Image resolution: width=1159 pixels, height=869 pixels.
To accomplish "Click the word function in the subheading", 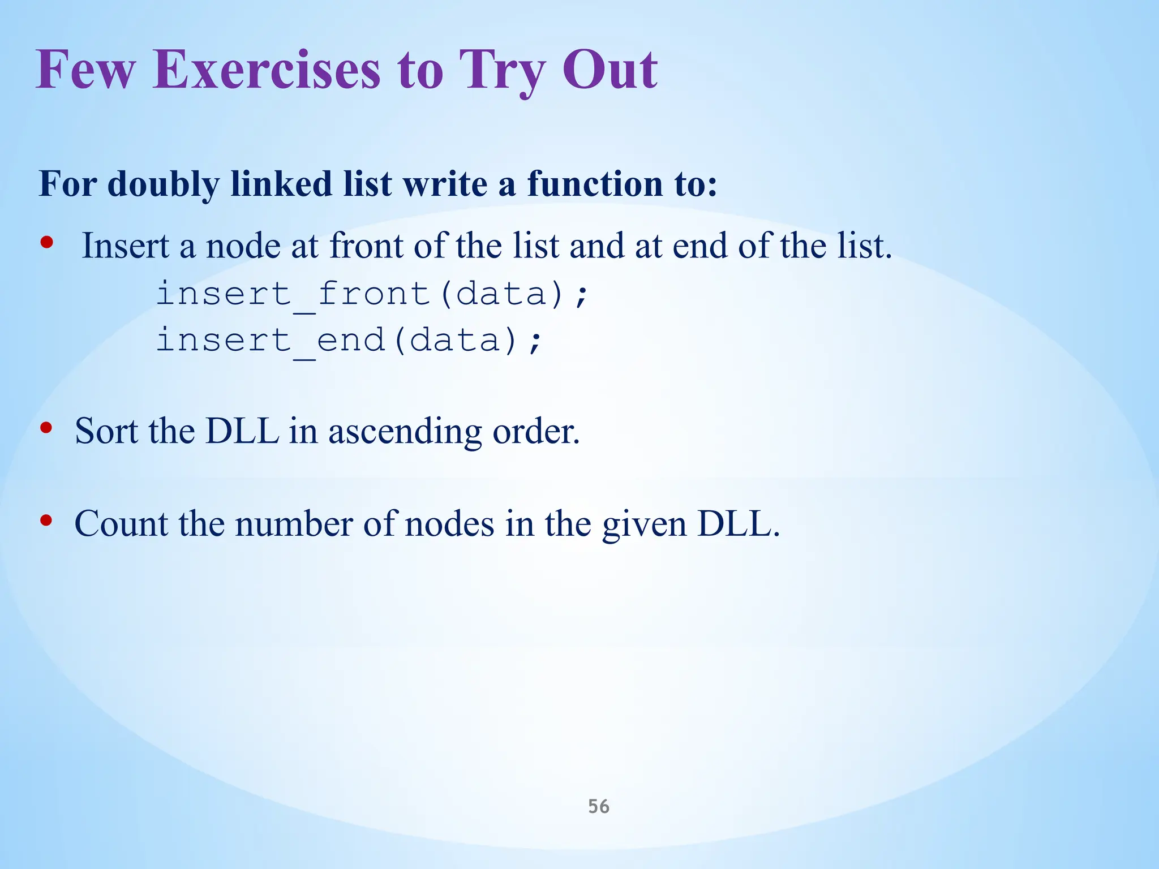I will (594, 184).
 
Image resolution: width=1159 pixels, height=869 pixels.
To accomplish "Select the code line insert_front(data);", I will (372, 294).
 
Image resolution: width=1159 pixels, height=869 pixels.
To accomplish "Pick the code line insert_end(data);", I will (349, 341).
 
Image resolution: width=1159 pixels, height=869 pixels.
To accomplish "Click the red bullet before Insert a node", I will (47, 243).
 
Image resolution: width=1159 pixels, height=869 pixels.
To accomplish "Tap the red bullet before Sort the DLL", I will (47, 428).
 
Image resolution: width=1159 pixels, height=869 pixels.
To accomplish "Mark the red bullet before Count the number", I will (47, 520).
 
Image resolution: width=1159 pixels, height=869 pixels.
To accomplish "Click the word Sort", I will (106, 431).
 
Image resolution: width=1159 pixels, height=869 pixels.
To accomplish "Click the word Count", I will (121, 523).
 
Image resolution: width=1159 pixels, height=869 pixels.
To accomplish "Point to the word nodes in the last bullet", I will (449, 523).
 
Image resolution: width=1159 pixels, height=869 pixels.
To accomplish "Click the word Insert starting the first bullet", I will (126, 246).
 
